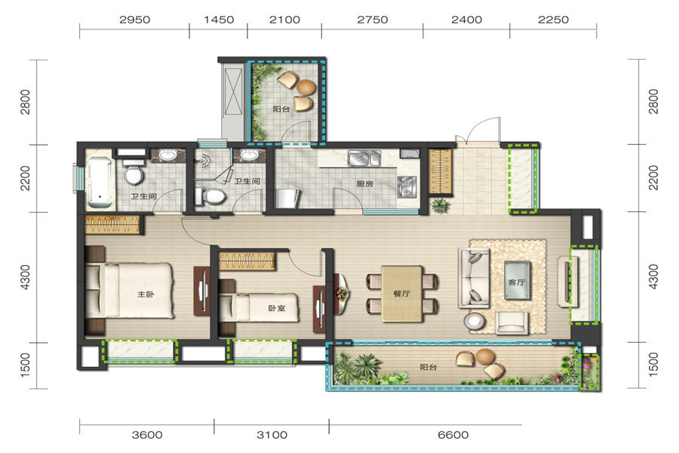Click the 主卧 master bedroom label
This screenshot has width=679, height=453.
click(x=146, y=294)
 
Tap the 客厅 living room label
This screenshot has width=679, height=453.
click(x=516, y=282)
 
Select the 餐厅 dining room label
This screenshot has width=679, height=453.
click(x=401, y=294)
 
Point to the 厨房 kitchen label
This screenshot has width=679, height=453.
click(x=364, y=183)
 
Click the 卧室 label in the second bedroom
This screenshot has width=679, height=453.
click(x=276, y=308)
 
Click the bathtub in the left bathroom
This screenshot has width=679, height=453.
click(x=100, y=183)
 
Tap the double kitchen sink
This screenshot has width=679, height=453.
click(x=364, y=159)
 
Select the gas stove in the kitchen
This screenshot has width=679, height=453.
click(x=407, y=186)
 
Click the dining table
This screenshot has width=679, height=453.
click(x=402, y=294)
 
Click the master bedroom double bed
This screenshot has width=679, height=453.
click(x=130, y=290)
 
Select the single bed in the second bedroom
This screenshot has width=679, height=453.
click(x=259, y=308)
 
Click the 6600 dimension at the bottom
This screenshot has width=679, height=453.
click(x=453, y=435)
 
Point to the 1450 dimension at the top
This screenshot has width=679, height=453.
click(x=219, y=20)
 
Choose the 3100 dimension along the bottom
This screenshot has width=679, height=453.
click(x=272, y=435)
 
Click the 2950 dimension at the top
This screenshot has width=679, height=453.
click(x=135, y=20)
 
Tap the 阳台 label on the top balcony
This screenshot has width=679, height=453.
click(x=281, y=109)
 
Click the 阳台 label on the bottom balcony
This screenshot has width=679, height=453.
click(x=429, y=367)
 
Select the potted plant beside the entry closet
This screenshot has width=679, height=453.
click(x=440, y=205)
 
